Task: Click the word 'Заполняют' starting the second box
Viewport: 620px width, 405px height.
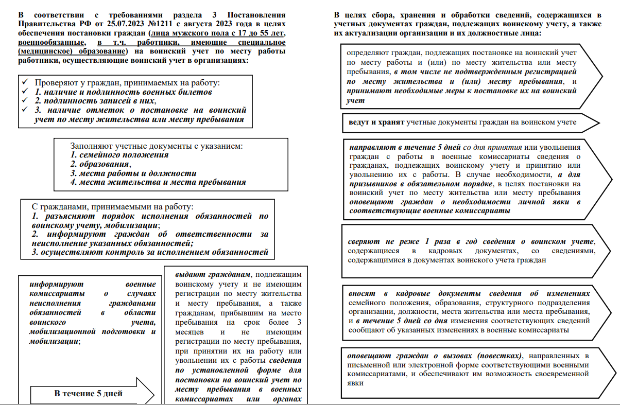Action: (x=88, y=146)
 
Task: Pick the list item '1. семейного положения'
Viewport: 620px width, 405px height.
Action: (x=119, y=154)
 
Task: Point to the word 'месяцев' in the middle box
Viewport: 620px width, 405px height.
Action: (x=191, y=332)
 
